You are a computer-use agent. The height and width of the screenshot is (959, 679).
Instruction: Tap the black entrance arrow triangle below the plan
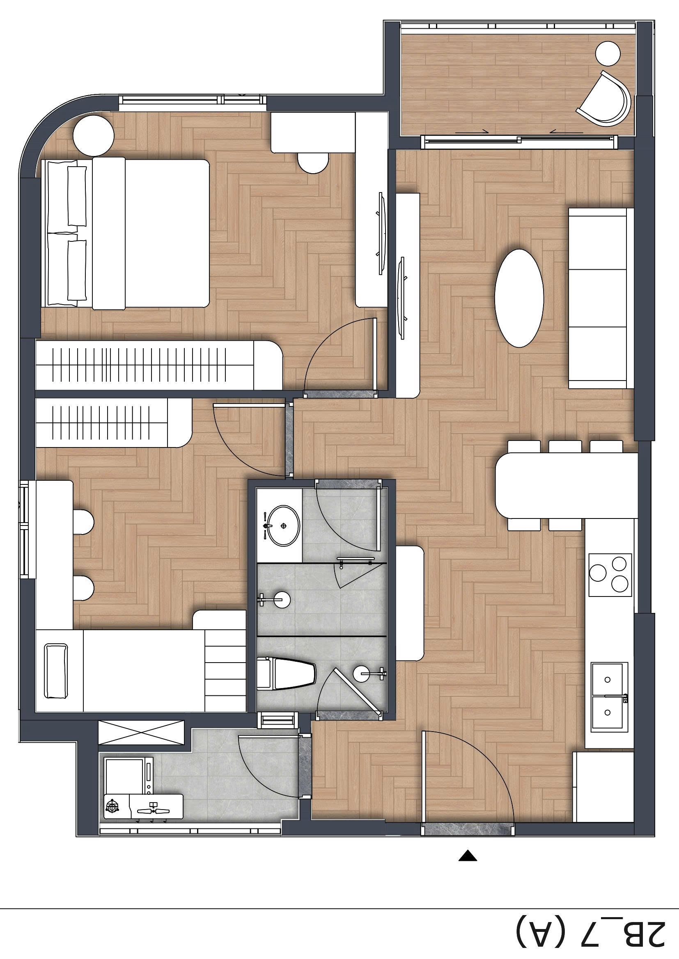[468, 856]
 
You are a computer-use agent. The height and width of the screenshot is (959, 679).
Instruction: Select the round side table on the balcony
[608, 53]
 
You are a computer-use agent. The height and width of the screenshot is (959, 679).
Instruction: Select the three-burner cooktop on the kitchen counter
[610, 575]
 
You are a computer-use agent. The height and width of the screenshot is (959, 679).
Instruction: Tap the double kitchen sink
[609, 697]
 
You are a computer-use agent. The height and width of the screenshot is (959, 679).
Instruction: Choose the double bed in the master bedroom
[128, 233]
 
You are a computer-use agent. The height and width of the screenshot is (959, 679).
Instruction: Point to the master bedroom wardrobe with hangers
[158, 365]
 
